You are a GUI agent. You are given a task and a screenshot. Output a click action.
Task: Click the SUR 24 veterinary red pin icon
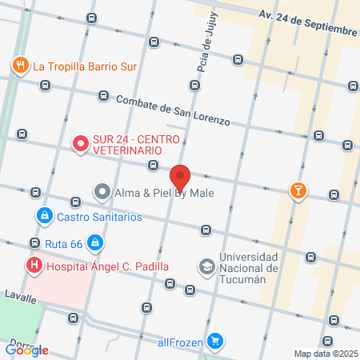tap(80, 144)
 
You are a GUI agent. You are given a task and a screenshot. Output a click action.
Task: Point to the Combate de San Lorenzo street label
tap(173, 110)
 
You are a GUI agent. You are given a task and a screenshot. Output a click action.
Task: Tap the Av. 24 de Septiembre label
tap(307, 23)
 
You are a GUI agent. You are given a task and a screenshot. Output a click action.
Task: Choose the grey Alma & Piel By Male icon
tap(102, 192)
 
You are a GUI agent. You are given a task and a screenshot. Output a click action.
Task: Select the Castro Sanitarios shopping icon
tap(43, 216)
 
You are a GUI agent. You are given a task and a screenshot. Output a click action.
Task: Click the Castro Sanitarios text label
tap(99, 216)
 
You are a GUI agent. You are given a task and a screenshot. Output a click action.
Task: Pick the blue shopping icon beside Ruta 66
tap(94, 241)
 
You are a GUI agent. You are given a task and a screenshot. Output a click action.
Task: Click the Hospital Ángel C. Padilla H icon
tap(34, 266)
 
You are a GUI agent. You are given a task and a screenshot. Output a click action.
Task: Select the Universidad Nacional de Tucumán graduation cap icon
tap(206, 266)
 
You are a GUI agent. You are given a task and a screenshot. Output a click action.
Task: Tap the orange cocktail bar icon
tap(298, 190)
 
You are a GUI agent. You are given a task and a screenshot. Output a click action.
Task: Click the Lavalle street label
tap(19, 298)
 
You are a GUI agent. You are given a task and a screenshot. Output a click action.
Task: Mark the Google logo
tap(27, 350)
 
